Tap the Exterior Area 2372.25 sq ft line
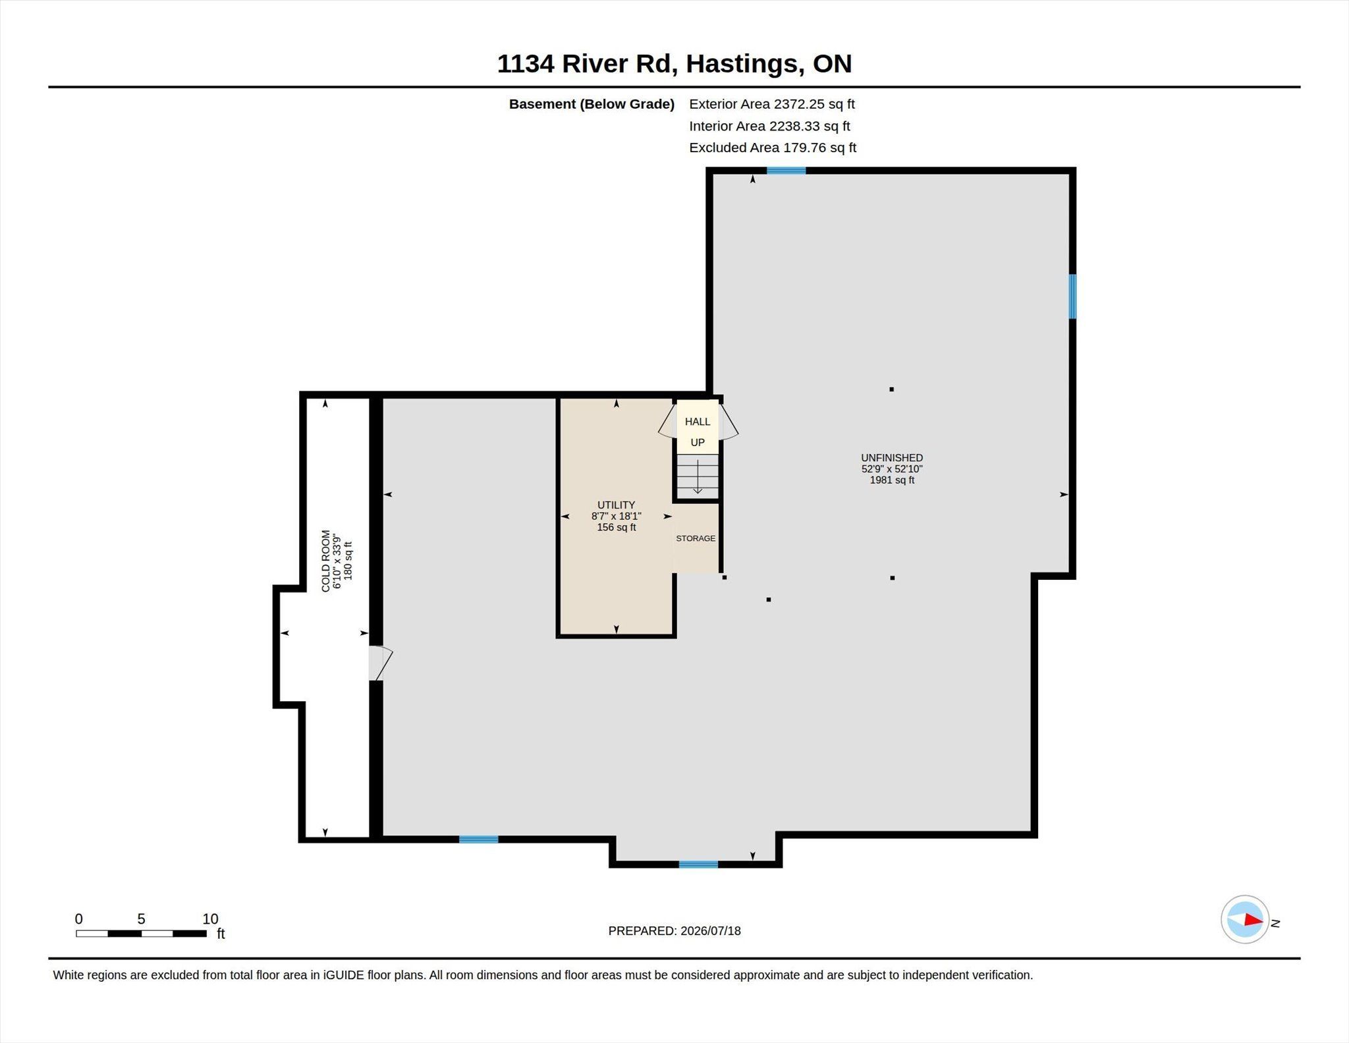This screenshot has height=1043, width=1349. pyautogui.click(x=772, y=104)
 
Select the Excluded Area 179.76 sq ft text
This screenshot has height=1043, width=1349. pyautogui.click(x=773, y=148)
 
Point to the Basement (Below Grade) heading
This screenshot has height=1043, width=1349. pyautogui.click(x=592, y=104)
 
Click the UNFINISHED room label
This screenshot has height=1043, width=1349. pyautogui.click(x=892, y=458)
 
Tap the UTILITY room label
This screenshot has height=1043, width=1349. pyautogui.click(x=617, y=505)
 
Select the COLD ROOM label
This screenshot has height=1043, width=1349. pyautogui.click(x=326, y=561)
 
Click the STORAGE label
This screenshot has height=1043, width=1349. pyautogui.click(x=696, y=538)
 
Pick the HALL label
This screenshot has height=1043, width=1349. pyautogui.click(x=698, y=422)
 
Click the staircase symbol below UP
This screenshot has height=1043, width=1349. pyautogui.click(x=698, y=476)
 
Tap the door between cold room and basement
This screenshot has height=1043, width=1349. pyautogui.click(x=380, y=663)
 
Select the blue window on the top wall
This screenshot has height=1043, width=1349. pyautogui.click(x=786, y=171)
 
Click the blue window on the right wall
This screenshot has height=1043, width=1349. pyautogui.click(x=1072, y=296)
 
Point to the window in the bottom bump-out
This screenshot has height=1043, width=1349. pyautogui.click(x=698, y=864)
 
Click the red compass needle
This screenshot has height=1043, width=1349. pyautogui.click(x=1253, y=920)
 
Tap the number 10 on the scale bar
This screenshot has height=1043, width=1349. pyautogui.click(x=210, y=919)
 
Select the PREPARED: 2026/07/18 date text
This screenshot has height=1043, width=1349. pyautogui.click(x=674, y=931)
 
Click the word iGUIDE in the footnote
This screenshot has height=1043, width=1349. pyautogui.click(x=343, y=975)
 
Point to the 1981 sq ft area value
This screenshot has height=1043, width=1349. pyautogui.click(x=892, y=480)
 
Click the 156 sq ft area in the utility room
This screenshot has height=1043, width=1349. pyautogui.click(x=617, y=528)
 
